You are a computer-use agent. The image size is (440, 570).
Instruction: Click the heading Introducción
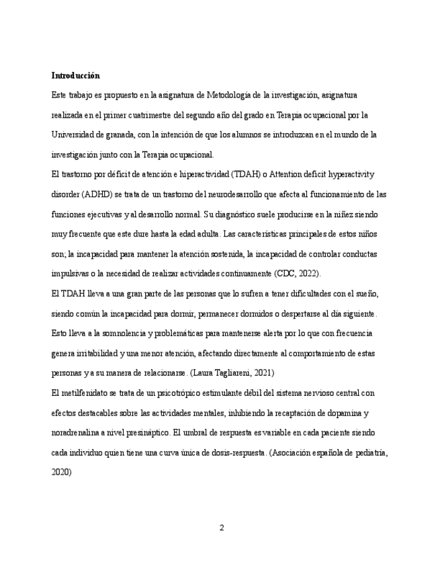tap(75, 75)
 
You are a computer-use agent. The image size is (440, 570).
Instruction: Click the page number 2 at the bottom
tap(221, 528)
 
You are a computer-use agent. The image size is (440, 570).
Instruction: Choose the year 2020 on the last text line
tap(61, 472)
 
